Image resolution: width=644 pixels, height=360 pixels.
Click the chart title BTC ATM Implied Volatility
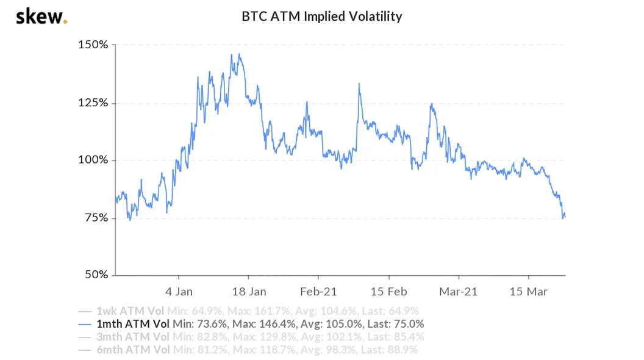[x=322, y=16]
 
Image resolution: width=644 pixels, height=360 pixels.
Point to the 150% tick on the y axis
[x=93, y=45]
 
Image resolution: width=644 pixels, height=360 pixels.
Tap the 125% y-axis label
[x=93, y=103]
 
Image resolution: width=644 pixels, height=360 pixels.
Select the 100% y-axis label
[x=93, y=160]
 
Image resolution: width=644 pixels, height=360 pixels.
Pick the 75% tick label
[x=95, y=218]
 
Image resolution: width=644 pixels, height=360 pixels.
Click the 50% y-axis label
[x=95, y=275]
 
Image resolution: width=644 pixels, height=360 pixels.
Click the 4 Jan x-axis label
[x=179, y=292]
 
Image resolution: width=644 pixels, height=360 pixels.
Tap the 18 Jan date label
[x=249, y=292]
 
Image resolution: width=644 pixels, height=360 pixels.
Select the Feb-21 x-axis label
[x=319, y=292]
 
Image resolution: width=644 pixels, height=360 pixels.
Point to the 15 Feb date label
[x=388, y=292]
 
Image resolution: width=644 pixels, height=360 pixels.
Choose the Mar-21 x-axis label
[x=459, y=292]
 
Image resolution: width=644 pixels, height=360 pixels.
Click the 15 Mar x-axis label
[x=528, y=292]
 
